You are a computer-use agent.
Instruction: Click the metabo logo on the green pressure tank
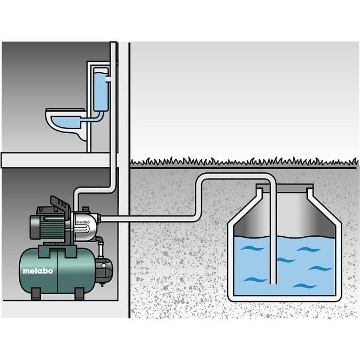38,270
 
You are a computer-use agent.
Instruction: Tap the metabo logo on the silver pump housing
81,221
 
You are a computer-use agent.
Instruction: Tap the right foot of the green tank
78,294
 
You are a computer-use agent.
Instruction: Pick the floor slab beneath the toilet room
54,159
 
